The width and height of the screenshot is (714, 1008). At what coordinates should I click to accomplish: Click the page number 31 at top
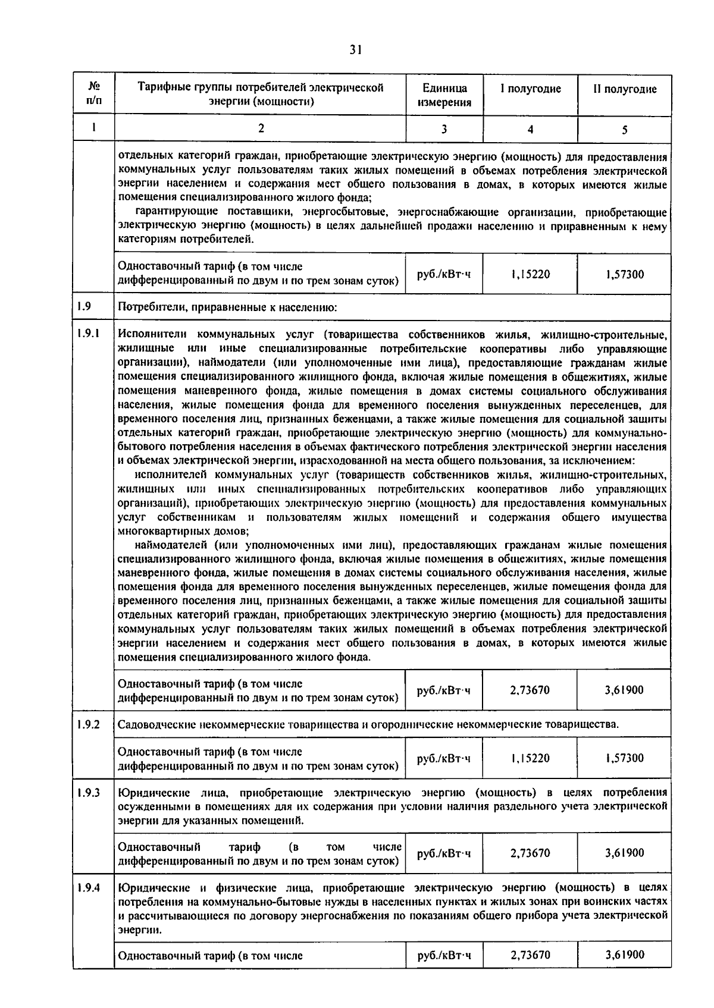[355, 50]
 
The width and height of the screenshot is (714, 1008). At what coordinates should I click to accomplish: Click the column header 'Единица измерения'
[444, 95]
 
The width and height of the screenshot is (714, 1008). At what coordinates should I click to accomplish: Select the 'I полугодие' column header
[530, 89]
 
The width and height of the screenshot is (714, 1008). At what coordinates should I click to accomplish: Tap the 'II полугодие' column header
[624, 89]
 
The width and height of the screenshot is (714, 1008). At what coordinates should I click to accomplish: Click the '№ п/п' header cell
[94, 94]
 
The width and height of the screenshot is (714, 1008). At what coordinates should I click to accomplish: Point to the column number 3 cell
[444, 129]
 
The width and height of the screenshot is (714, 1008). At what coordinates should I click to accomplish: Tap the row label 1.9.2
[87, 724]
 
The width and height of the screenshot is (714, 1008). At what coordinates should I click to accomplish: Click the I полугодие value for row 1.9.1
[530, 690]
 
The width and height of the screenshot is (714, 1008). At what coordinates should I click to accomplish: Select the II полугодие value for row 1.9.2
[624, 758]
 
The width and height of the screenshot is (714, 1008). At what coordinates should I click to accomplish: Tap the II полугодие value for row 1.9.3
[624, 853]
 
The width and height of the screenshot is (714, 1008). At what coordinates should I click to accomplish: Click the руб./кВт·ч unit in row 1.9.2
[444, 758]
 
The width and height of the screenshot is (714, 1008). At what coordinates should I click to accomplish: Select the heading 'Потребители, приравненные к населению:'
[228, 307]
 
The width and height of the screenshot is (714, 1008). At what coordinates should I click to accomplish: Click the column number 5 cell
[624, 130]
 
